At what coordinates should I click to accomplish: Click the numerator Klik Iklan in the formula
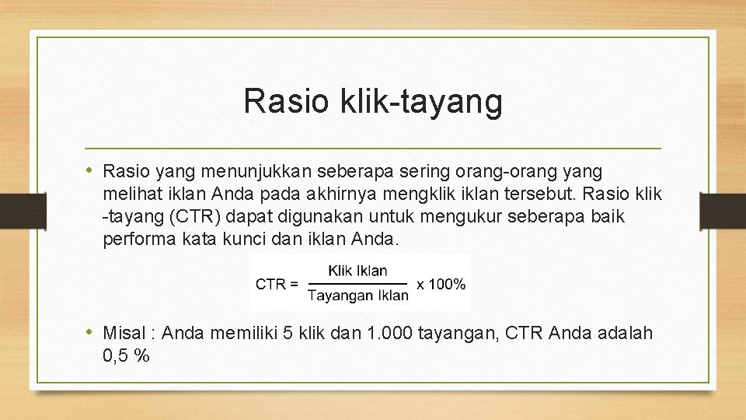[357, 271]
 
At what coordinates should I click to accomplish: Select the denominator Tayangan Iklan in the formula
[357, 295]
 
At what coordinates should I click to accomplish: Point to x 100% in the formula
[441, 284]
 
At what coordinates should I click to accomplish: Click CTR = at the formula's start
[277, 284]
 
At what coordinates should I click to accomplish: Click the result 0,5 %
[126, 356]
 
